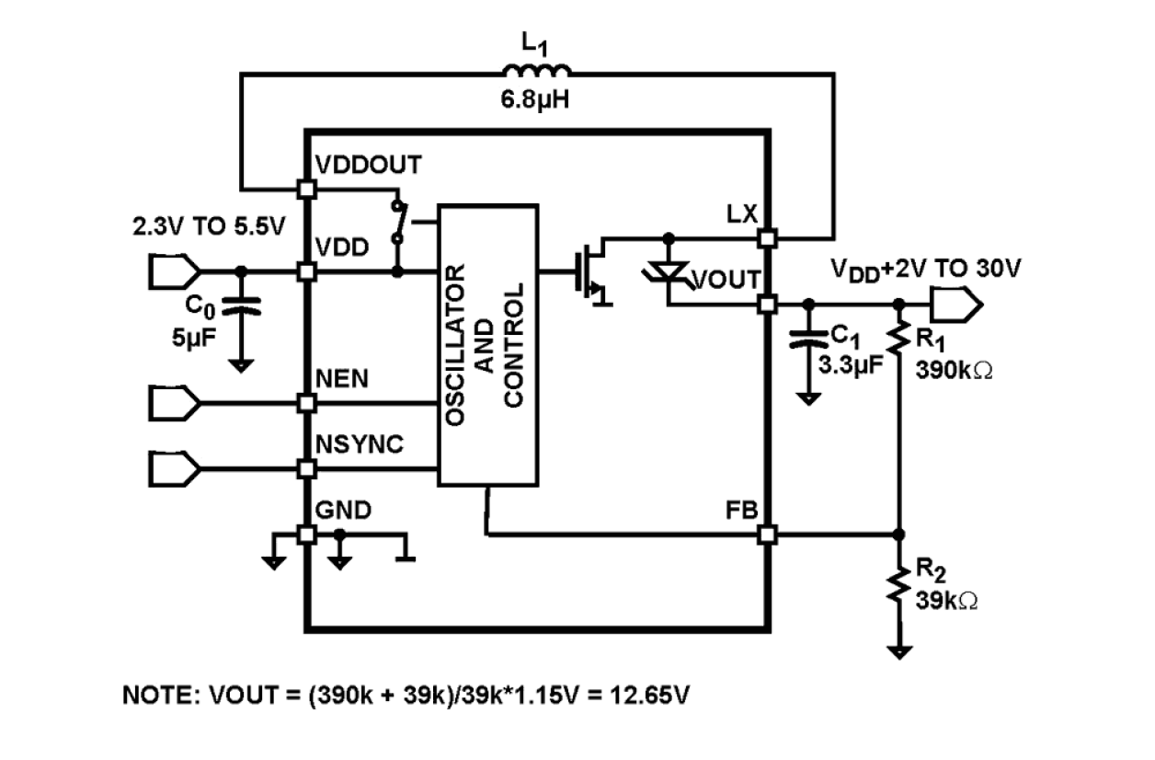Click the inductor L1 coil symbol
(536, 72)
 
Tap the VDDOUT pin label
(368, 165)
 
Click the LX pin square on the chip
(767, 238)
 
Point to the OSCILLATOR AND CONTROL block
(486, 344)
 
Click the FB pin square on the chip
(767, 534)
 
